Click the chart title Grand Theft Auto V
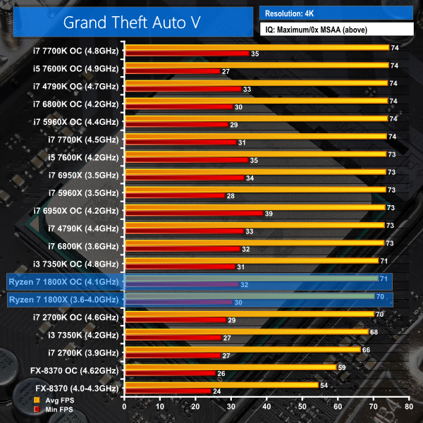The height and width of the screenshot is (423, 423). (x=132, y=21)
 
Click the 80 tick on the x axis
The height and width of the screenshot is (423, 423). (x=409, y=407)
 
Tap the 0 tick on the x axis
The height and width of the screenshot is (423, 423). (x=124, y=407)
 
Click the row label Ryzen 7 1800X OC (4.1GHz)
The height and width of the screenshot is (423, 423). (x=63, y=281)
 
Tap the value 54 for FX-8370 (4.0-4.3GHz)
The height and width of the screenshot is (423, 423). (x=324, y=384)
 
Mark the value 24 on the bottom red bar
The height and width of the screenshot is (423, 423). (x=216, y=391)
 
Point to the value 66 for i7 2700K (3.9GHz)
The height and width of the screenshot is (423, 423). (x=367, y=349)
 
